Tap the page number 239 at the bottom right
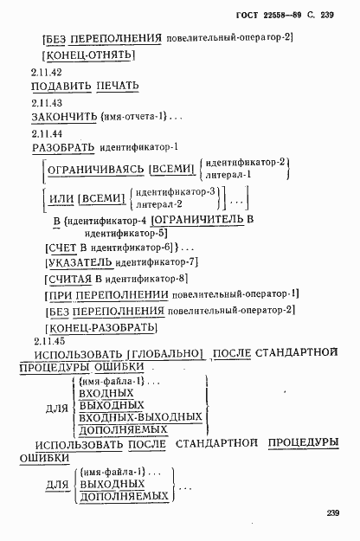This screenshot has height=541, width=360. point(328,514)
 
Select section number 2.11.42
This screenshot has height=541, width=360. point(46,72)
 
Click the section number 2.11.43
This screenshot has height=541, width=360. point(46,102)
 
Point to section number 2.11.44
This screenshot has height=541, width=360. point(46,132)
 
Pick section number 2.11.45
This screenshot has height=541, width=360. point(46,340)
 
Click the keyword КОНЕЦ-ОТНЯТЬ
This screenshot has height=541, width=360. point(90,55)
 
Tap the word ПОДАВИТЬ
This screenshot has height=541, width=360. point(60,87)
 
